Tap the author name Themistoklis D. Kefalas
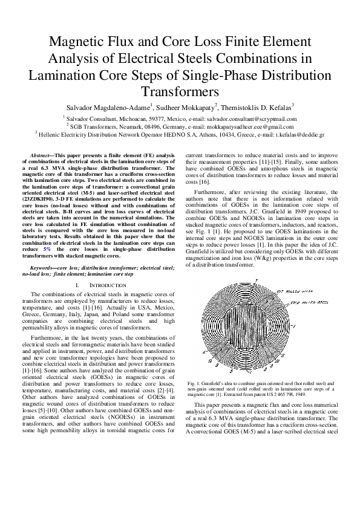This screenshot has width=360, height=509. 257,106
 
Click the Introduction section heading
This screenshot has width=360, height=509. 107,284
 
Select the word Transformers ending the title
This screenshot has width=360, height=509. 179,91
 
